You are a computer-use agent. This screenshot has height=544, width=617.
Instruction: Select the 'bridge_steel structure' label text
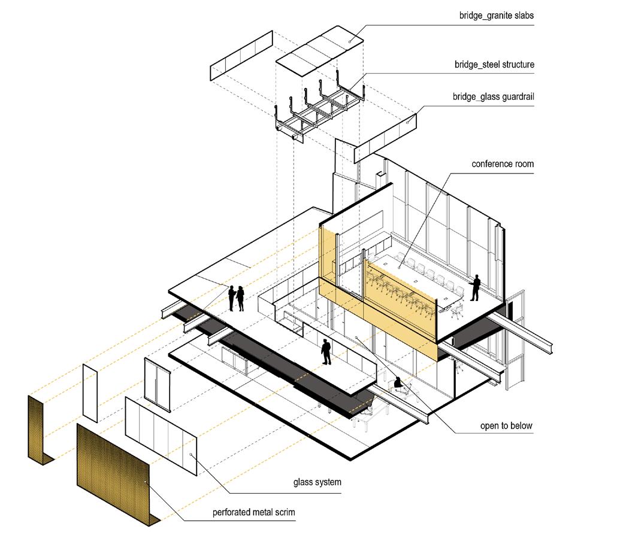point(494,64)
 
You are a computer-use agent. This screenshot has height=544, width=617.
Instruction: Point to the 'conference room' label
point(502,164)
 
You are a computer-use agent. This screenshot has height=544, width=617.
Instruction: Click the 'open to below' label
point(506,426)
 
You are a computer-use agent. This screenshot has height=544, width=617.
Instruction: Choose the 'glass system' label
point(317,482)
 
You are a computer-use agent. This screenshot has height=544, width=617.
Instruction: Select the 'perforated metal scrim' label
point(254,513)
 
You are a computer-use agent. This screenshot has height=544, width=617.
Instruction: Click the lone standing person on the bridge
point(326,352)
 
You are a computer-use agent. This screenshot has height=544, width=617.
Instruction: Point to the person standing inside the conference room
point(476,288)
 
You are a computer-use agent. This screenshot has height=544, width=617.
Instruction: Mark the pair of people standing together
point(235,298)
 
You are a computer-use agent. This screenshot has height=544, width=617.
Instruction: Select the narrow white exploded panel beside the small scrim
point(90,393)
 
